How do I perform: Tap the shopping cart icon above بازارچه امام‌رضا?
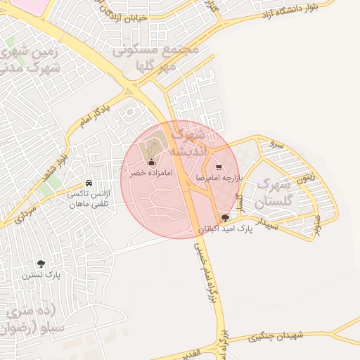tap(219, 168)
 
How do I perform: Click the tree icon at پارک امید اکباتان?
tap(225, 218)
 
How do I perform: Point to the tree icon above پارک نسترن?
tap(41, 264)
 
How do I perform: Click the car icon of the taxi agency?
tap(88, 183)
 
